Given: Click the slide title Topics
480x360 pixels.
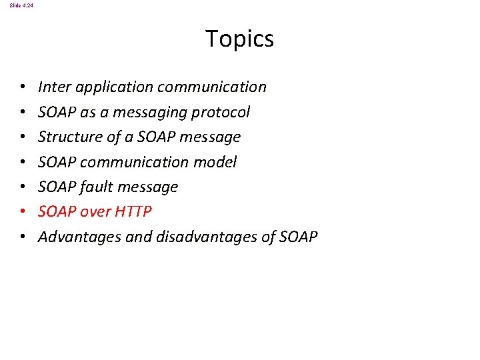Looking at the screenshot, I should [239, 39].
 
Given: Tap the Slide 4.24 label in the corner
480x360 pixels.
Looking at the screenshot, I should [21, 5].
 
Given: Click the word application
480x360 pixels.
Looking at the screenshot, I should [108, 87].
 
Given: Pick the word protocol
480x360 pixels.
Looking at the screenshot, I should [221, 112].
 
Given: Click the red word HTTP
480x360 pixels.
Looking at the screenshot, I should [133, 211].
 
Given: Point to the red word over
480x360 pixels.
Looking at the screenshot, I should [95, 211].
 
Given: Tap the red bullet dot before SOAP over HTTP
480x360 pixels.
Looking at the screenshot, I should [22, 212].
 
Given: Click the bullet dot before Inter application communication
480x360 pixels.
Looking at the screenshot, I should [22, 87].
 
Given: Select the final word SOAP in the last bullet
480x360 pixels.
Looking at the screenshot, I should [298, 237].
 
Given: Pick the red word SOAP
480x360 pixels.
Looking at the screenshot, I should [57, 211].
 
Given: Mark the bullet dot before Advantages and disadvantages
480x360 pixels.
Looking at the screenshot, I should [22, 237].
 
